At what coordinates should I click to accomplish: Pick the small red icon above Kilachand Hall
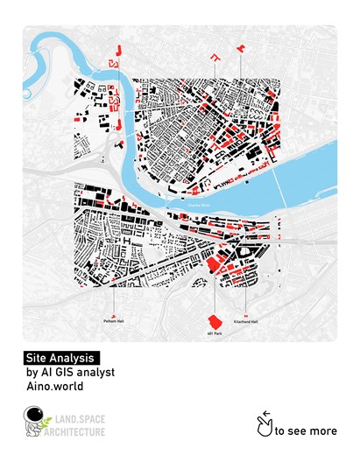pos(246,314)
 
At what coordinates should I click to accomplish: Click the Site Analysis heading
pos(62,358)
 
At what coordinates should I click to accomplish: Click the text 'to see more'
pos(306,430)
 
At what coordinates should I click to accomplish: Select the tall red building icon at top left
pos(112,59)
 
